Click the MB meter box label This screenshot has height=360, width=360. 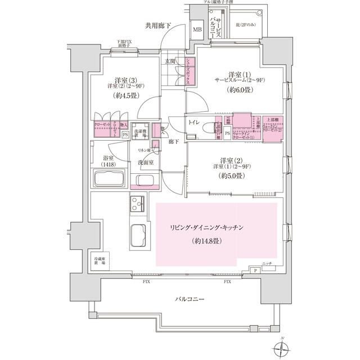click(197, 29)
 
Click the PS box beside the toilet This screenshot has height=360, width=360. click(227, 133)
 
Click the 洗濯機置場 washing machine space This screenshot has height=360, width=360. click(142, 132)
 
